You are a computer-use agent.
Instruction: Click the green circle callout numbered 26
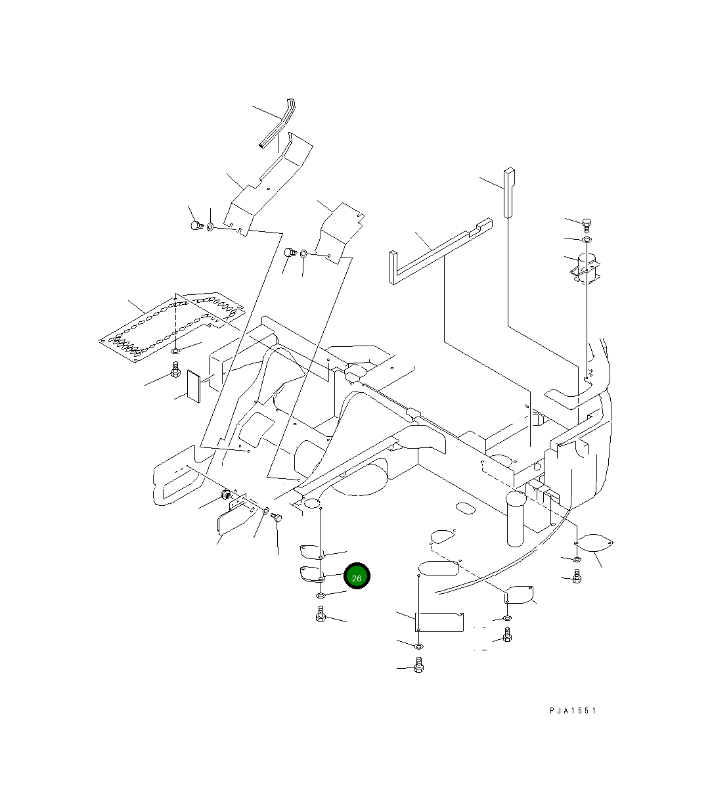[x=357, y=577]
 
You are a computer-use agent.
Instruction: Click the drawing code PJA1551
[x=573, y=710]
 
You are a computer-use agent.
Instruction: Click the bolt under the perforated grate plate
[x=175, y=372]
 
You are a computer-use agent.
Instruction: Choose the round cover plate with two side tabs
[x=596, y=543]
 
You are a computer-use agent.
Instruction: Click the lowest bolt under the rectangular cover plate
[x=419, y=667]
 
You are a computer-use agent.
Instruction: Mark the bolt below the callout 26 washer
[x=321, y=615]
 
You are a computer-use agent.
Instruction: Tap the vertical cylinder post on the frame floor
[x=517, y=519]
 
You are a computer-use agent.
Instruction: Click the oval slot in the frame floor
[x=465, y=508]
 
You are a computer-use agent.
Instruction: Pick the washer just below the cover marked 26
[x=321, y=595]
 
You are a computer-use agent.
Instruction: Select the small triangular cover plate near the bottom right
[x=520, y=594]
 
